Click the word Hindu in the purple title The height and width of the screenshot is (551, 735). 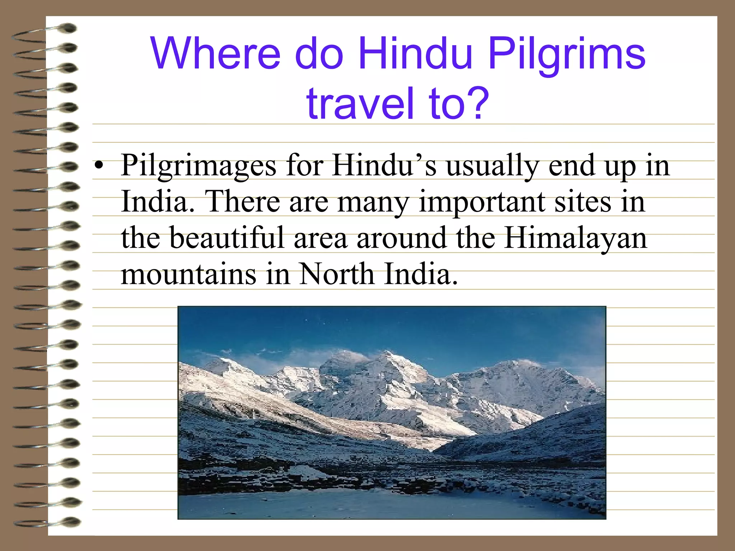(415, 54)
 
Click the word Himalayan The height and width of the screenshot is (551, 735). (576, 238)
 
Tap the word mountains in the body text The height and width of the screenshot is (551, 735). (188, 275)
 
